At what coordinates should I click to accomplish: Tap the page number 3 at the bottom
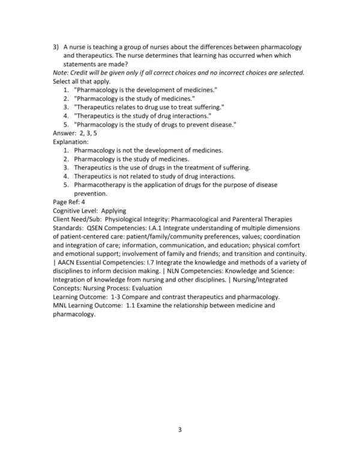[x=179, y=429]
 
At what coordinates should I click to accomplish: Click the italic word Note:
[x=62, y=73]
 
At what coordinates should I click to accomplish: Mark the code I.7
[x=158, y=263]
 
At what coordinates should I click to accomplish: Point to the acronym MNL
[x=62, y=306]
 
